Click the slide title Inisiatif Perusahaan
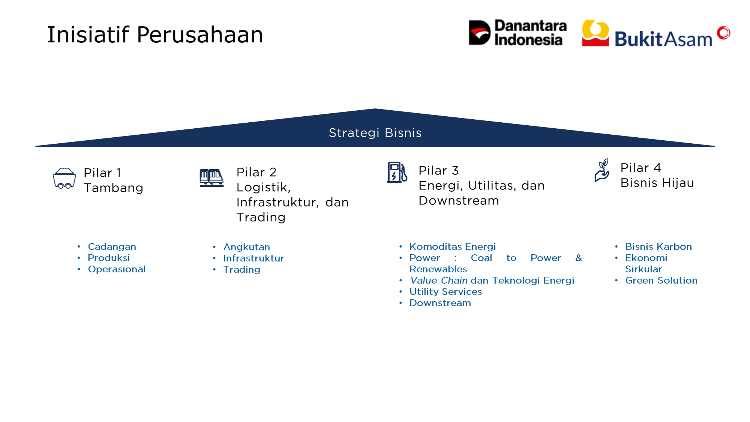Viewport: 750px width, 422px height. [x=155, y=35]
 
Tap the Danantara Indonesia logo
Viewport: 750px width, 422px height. [x=517, y=33]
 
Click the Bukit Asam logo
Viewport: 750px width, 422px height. [x=656, y=34]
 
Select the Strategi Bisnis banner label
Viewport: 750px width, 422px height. [x=375, y=133]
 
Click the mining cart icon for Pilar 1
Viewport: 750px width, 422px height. [x=64, y=178]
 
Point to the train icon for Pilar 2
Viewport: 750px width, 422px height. [x=211, y=178]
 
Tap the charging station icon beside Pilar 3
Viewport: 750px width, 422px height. [x=397, y=172]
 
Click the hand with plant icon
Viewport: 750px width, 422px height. [x=602, y=170]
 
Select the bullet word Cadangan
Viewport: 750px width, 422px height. [x=112, y=247]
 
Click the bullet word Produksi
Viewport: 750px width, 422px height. [x=109, y=258]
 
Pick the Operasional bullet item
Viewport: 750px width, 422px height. [x=117, y=269]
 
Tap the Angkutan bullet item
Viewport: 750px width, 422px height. [x=247, y=247]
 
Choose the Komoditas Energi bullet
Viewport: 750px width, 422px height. [x=453, y=247]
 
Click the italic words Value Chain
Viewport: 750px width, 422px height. [x=439, y=281]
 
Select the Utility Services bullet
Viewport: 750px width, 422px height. [x=445, y=292]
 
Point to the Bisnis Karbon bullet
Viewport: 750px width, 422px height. [x=658, y=247]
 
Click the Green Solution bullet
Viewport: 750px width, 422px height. [x=661, y=281]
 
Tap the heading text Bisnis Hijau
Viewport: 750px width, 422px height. [x=657, y=183]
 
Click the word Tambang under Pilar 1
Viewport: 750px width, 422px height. [x=114, y=188]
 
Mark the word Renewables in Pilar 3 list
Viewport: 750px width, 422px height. [x=438, y=269]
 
